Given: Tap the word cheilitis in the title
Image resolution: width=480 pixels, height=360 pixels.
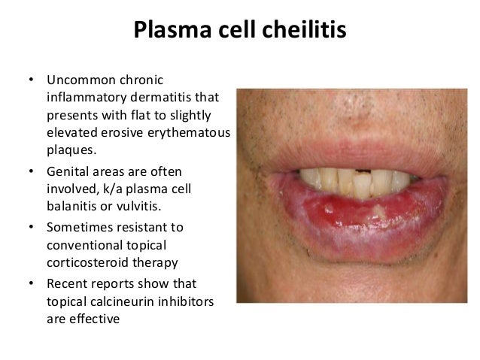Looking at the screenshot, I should pyautogui.click(x=305, y=31).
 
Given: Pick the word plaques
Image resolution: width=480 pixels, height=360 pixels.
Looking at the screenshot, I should pyautogui.click(x=68, y=150).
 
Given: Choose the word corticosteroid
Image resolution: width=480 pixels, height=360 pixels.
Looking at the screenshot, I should pyautogui.click(x=84, y=263).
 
